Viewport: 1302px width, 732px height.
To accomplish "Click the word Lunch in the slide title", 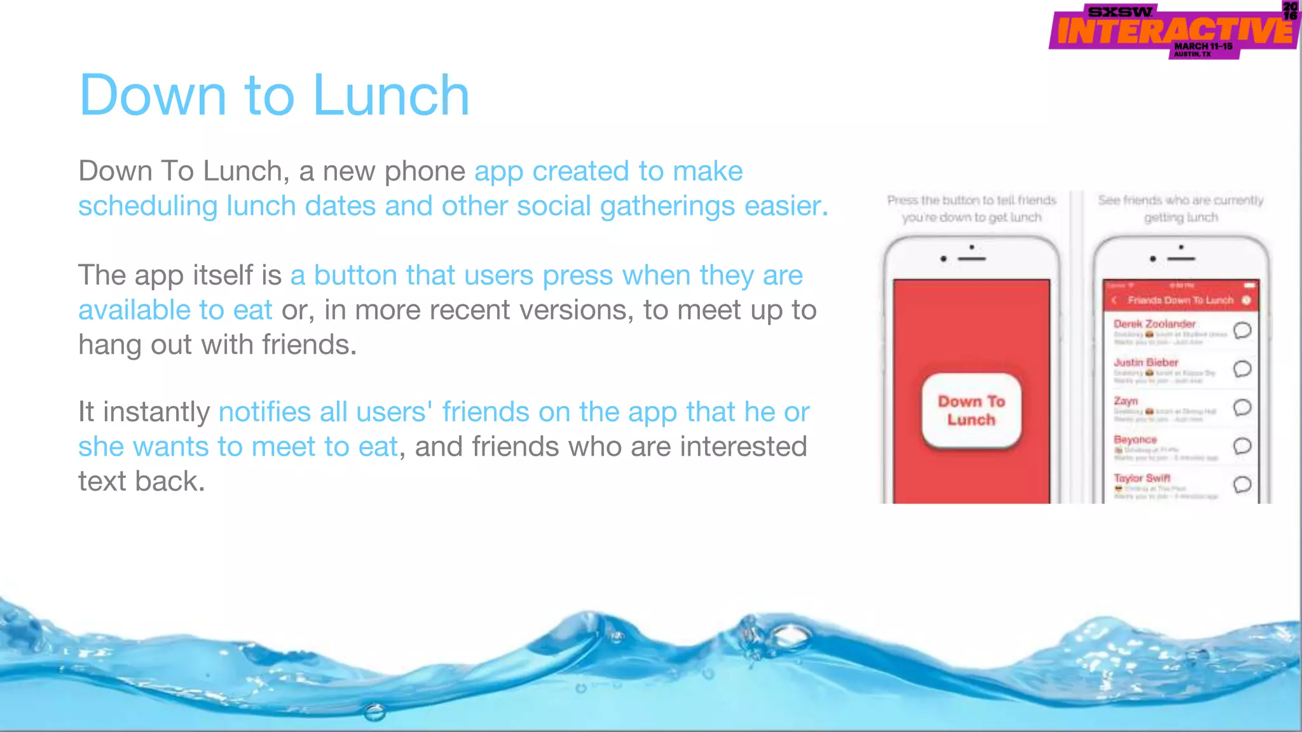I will [x=390, y=95].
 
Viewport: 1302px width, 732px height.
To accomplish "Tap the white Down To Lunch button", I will [x=971, y=410].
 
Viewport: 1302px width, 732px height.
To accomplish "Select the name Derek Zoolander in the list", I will [x=1154, y=324].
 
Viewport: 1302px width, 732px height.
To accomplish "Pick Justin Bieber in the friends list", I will [x=1146, y=362].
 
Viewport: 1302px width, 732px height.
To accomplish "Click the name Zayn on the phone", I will [x=1125, y=401].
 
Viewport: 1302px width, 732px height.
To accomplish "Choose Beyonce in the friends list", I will [x=1135, y=440].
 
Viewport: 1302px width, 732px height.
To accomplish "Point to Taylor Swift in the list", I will [x=1142, y=478].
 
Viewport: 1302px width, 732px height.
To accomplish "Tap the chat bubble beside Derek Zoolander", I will [x=1242, y=330].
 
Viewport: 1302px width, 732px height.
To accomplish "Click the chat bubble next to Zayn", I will [x=1242, y=407].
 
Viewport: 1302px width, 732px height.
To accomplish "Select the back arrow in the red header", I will [x=1114, y=300].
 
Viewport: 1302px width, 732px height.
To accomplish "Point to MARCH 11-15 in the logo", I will [x=1203, y=46].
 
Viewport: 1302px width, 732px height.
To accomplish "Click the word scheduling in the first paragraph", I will [x=147, y=207].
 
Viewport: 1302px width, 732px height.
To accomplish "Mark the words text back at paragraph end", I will [x=141, y=482].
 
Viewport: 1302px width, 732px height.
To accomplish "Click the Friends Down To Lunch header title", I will [x=1180, y=300].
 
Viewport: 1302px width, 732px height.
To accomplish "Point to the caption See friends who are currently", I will [x=1181, y=201].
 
